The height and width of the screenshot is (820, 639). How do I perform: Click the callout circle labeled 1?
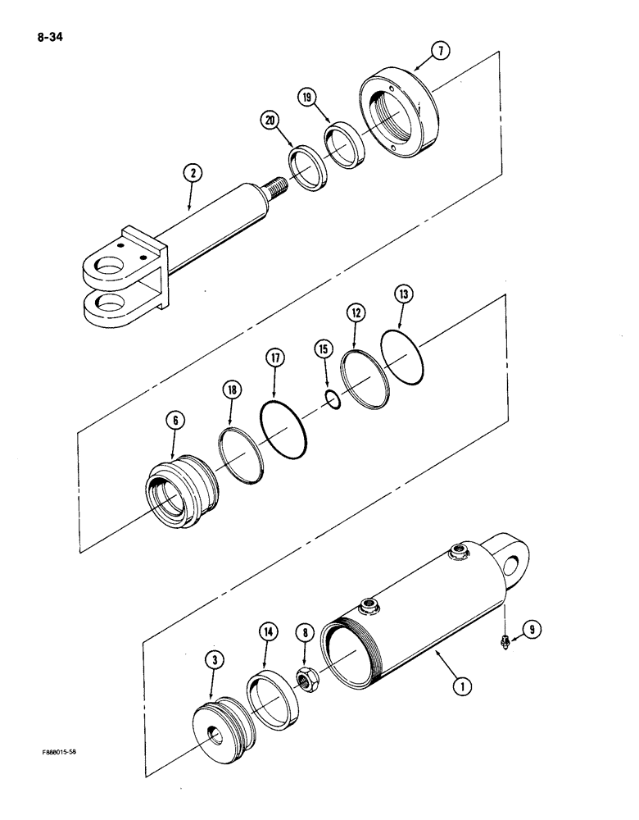pos(464,688)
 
